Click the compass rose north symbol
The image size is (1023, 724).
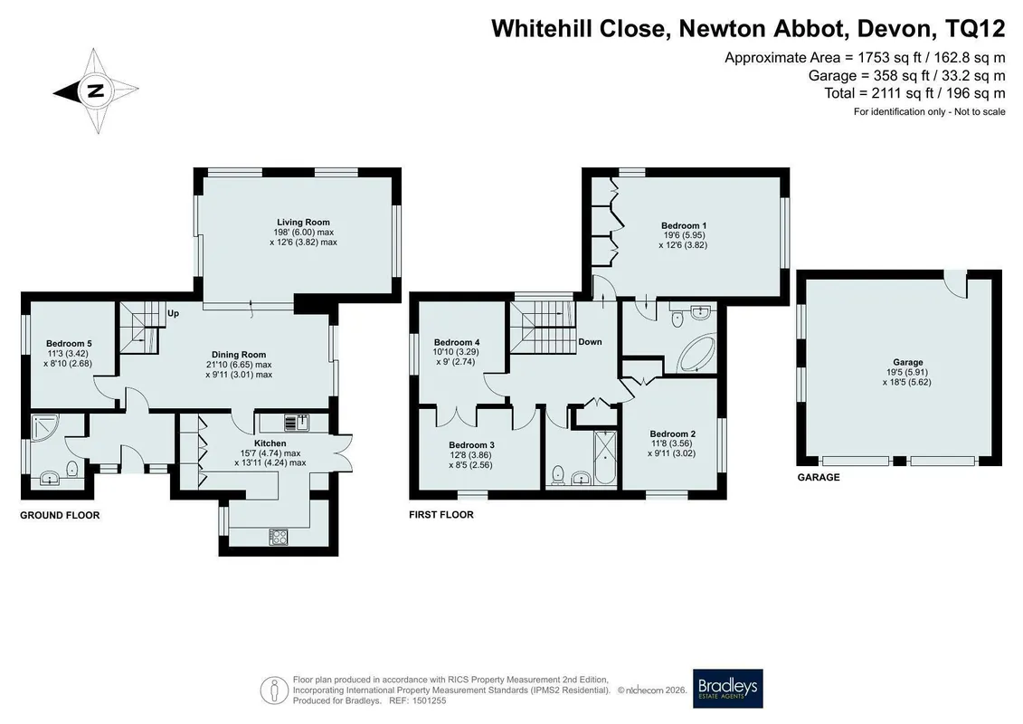tap(96, 90)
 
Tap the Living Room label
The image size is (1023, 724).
tap(303, 222)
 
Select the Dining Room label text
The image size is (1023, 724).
tap(239, 355)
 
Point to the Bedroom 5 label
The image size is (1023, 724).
tap(69, 343)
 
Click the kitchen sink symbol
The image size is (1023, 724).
tap(298, 423)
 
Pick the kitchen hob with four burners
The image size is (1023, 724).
tap(279, 537)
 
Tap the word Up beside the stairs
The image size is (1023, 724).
tap(173, 313)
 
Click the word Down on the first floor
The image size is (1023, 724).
tap(590, 341)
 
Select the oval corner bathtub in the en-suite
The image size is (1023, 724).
tap(696, 353)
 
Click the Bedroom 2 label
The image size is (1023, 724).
tap(673, 433)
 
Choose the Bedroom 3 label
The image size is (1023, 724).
tap(472, 445)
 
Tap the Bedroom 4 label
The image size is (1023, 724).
tap(457, 342)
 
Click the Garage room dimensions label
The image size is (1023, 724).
tap(907, 377)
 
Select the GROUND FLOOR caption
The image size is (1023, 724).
tap(60, 515)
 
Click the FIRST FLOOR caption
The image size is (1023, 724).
tap(441, 514)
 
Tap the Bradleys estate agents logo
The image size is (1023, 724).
tap(727, 688)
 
